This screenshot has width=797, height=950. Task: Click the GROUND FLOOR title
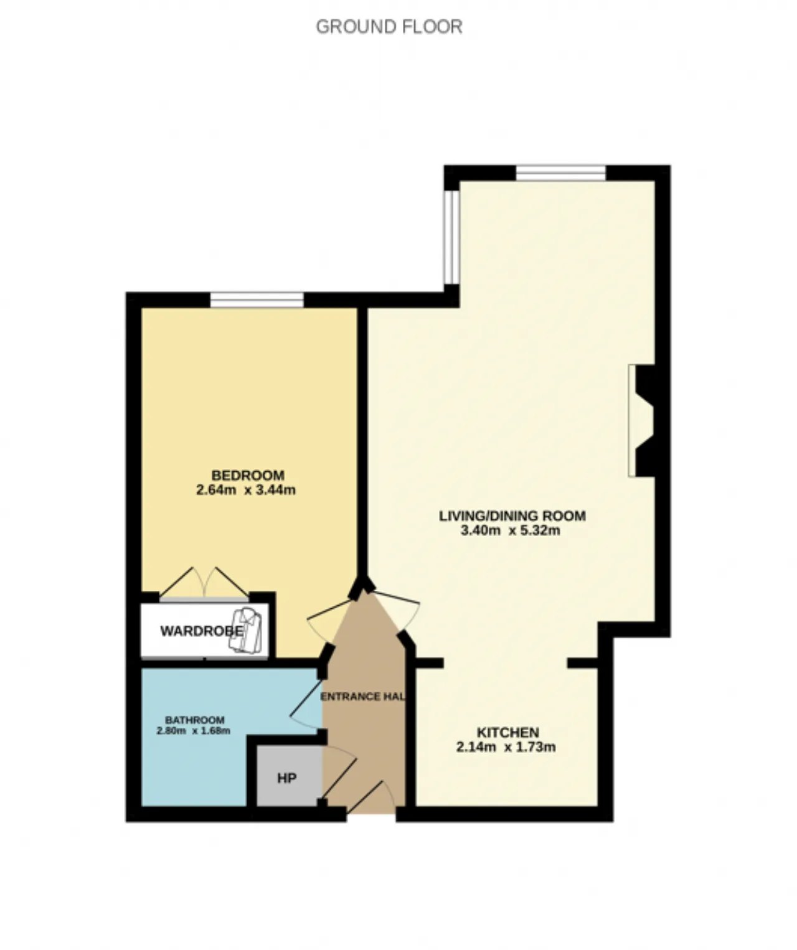[389, 27]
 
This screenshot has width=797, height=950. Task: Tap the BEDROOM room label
[248, 476]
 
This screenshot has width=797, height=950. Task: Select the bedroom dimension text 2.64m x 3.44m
[246, 490]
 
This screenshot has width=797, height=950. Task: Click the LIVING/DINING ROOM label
[512, 516]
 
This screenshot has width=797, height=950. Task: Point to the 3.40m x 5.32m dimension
[510, 530]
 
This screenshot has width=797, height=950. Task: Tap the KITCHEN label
[507, 733]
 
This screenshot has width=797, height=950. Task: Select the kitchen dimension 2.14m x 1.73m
[506, 747]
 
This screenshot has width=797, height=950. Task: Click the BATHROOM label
[194, 720]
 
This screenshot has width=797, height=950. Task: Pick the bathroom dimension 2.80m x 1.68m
[193, 731]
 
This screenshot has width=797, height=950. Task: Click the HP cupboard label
[287, 778]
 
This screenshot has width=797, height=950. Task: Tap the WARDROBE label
[202, 631]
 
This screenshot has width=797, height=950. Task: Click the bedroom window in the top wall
[257, 300]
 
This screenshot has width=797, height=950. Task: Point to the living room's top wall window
[561, 173]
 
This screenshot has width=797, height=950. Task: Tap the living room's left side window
[451, 237]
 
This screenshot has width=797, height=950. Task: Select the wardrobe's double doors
[204, 584]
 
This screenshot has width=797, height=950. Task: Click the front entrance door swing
[371, 797]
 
